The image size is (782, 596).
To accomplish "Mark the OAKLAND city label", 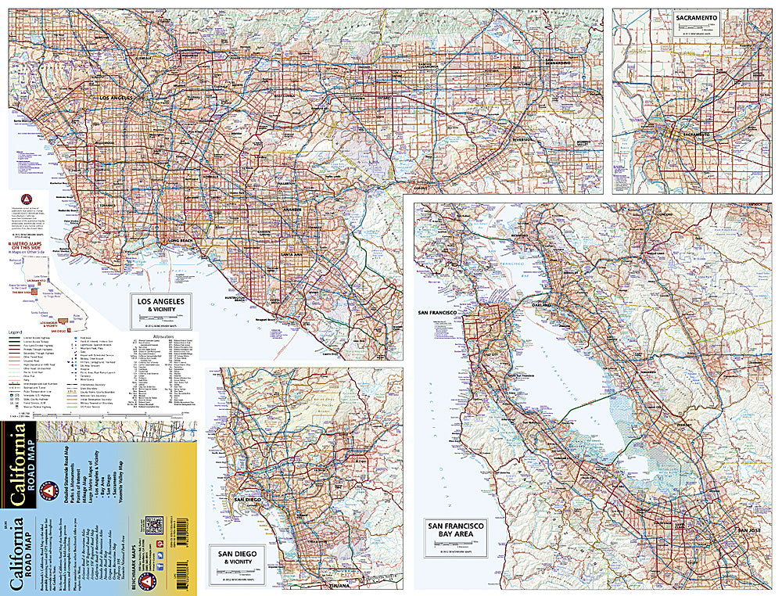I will [x=540, y=304].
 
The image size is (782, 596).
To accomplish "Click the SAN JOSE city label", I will [x=748, y=531].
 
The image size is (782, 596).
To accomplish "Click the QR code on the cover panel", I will [x=154, y=525].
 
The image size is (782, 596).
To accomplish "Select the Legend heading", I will [x=17, y=332].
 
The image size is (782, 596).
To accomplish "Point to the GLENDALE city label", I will [x=143, y=58].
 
